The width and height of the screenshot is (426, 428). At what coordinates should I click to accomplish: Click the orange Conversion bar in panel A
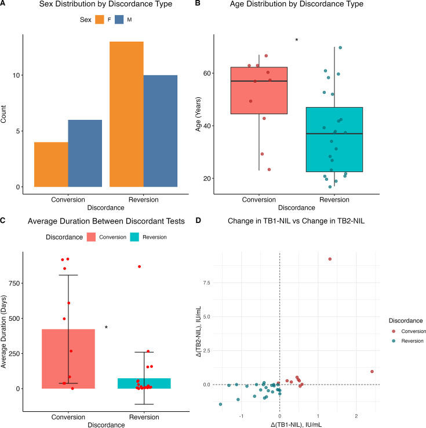point(51,164)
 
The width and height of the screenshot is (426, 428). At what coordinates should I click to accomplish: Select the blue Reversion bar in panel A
point(161,131)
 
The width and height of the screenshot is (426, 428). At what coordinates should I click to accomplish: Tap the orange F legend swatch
point(100,20)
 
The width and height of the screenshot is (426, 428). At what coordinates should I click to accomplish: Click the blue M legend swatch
point(119,20)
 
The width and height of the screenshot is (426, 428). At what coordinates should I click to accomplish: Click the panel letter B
point(198,3)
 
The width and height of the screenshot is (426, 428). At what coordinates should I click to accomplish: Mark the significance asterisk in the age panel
point(297,41)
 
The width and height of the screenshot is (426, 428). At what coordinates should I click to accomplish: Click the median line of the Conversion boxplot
point(259,81)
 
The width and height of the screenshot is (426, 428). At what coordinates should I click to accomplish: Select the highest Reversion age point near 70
point(340,47)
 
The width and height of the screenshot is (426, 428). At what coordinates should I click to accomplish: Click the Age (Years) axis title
point(198,114)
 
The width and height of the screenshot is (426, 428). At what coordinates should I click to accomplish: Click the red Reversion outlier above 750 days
point(139,266)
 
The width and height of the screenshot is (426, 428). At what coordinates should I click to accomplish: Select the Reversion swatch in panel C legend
point(134,237)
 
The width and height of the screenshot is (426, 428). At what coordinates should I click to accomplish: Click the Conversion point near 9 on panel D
point(330,259)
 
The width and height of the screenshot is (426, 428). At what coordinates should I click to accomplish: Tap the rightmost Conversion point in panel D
point(372,371)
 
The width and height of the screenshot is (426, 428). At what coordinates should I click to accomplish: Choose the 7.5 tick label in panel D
point(207,283)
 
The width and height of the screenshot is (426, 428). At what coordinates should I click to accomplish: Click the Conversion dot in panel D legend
point(394,331)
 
